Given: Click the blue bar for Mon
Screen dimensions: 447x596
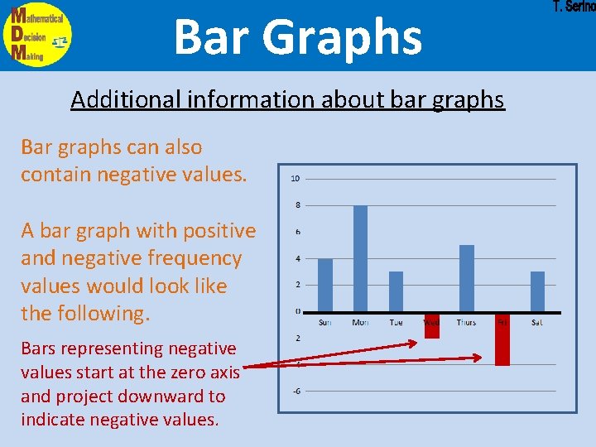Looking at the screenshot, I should coord(360,258).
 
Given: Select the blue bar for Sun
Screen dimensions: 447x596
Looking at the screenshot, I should coord(325,285).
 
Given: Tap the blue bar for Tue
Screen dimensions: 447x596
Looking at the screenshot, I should coord(396,291).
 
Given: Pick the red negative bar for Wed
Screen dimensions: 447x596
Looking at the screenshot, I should coord(431,325).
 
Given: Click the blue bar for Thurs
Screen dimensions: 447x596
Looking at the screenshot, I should coord(467,278).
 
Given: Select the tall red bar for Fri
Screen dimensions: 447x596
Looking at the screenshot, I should coord(502,339).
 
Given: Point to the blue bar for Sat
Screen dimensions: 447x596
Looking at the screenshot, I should coord(537,291).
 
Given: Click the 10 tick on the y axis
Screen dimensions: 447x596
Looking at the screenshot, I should coord(296,179).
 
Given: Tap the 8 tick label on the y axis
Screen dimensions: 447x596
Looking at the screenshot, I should coord(298,205).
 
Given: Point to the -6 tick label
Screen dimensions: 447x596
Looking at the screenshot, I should coord(296,391).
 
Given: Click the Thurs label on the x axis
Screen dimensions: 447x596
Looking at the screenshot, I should coord(466,322).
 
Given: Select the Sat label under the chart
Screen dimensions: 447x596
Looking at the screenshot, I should coord(537,322).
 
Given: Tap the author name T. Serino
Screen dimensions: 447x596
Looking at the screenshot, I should coord(573,7).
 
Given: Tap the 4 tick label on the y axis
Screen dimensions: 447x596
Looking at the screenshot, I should coord(298,258).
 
